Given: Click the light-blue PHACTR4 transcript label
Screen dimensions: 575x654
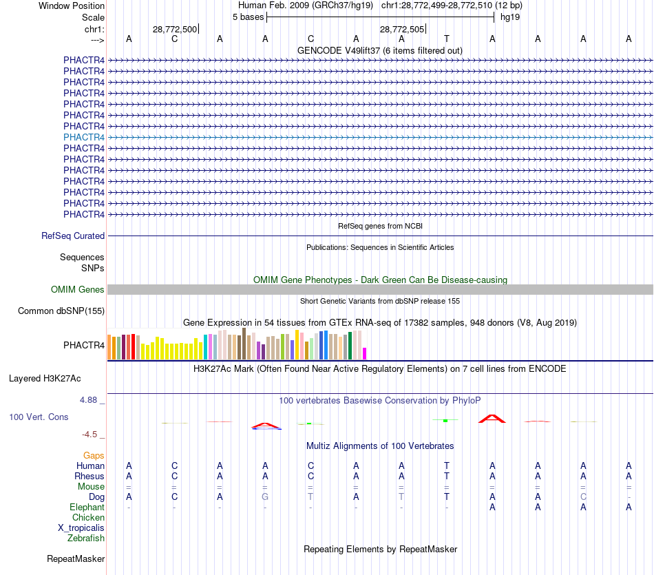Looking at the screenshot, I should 84,137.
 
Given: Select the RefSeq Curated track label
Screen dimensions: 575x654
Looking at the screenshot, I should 73,236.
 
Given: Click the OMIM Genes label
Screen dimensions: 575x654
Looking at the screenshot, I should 78,290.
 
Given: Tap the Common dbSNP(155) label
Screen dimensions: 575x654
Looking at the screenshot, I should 61,311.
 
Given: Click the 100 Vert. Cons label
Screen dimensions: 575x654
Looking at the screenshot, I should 39,417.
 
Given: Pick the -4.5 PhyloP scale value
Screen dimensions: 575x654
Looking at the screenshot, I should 90,435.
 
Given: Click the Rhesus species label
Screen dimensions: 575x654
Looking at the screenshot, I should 89,477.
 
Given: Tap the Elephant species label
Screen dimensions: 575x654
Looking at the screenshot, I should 87,508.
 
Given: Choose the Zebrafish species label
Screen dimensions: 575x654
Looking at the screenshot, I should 86,539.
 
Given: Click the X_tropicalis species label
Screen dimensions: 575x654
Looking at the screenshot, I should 81,528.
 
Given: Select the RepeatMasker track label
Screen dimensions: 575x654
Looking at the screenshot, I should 76,558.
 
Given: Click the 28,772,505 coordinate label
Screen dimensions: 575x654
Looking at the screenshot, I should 402,29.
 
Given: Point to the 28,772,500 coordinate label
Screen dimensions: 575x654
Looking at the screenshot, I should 175,29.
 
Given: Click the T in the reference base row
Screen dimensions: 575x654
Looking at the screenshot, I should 447,39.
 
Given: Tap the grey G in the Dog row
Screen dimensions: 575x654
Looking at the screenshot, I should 265,497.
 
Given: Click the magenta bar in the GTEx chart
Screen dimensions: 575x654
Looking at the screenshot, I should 365,353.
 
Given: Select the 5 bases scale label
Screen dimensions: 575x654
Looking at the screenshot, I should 248,17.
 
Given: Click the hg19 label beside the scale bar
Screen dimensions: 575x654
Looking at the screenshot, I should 510,17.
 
